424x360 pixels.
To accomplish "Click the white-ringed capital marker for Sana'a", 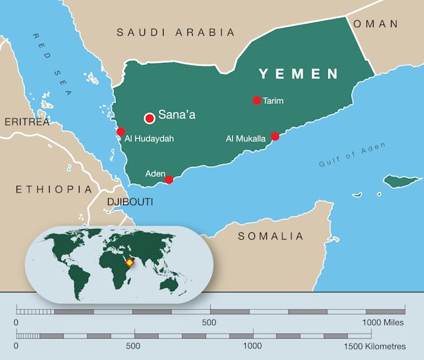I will pos(150,118).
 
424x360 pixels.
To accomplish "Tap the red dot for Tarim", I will pos(257,101).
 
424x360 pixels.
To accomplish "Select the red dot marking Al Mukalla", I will pos(275,136).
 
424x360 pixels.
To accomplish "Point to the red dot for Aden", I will pos(169,179).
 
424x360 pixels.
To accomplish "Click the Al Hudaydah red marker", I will pos(121,132).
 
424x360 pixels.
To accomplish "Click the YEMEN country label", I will pos(298,74).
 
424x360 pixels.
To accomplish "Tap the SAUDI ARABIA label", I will pos(176,32).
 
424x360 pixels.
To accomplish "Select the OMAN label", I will pos(376,24).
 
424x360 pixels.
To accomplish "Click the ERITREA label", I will pos(27,122).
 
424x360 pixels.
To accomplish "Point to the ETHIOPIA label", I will pos(54,189).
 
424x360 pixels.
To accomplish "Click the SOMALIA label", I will pos(270,236).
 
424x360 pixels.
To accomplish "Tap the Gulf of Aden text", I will pos(343,155).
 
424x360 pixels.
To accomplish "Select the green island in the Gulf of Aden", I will pos(402,181).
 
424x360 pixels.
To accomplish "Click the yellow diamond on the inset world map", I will pos(130,263).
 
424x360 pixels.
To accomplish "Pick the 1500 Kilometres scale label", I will pos(378,346).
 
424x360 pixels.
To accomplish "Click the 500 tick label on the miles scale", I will pos(209,322).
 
